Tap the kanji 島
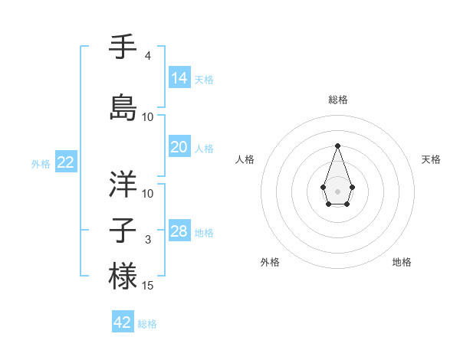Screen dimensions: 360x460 123,106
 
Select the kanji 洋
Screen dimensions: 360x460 123,183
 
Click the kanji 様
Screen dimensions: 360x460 123,275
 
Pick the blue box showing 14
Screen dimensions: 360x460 179,78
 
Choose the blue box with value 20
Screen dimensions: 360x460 179,147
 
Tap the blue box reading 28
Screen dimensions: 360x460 179,231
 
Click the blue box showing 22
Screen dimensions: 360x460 66,162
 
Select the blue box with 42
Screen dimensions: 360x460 123,322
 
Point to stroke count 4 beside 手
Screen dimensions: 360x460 148,56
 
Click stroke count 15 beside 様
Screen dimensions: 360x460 149,286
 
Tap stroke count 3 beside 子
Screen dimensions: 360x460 148,240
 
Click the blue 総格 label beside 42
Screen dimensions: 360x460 147,324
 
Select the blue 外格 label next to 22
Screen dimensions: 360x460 41,163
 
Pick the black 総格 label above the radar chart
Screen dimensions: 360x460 337,100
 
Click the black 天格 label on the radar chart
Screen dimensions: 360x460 431,159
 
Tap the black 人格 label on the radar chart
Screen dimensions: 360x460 245,159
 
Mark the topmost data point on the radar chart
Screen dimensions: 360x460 337,145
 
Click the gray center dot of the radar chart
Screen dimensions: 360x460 337,191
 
